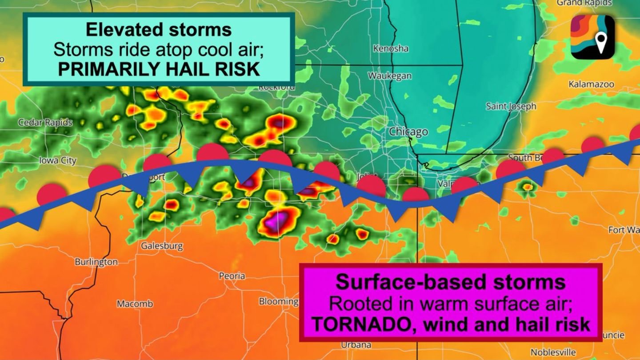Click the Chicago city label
408,132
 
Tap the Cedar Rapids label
45,122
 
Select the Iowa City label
58,160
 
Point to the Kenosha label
391,48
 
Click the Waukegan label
389,76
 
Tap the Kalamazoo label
591,84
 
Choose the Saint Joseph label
511,106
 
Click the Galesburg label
162,246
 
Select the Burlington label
96,262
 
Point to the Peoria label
232,276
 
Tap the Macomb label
135,304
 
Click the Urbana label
356,344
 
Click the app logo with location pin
592,37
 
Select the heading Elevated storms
158,29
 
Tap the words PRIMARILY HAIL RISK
158,69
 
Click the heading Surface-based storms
450,282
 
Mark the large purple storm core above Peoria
279,220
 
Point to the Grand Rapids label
584,3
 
